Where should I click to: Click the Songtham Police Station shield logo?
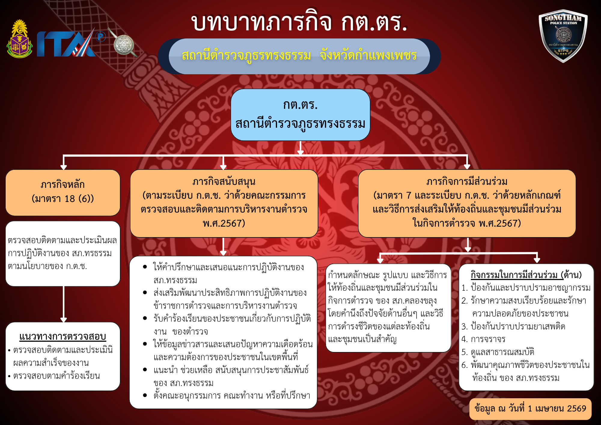point(563,36)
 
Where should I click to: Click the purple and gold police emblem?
point(20,39)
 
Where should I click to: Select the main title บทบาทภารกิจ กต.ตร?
point(299,22)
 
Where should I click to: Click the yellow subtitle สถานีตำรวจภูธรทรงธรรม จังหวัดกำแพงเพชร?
point(299,56)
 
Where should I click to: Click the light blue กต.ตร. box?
point(300,115)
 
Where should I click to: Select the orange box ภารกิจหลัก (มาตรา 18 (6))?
point(63,192)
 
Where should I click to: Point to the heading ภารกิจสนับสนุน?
point(224,181)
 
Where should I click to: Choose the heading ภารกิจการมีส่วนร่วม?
point(467,181)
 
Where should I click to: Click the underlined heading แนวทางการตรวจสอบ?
point(63,336)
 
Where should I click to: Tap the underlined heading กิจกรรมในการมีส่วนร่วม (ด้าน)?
point(526,275)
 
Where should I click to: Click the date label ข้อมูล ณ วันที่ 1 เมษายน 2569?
point(530,409)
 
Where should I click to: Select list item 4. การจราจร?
point(484,339)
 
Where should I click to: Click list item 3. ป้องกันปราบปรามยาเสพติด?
point(513,326)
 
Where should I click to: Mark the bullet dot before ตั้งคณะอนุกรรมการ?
point(145,395)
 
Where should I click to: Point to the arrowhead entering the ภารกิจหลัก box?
point(63,167)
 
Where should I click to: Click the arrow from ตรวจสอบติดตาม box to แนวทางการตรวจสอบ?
point(63,304)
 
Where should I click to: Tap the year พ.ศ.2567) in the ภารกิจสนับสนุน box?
point(224,223)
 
